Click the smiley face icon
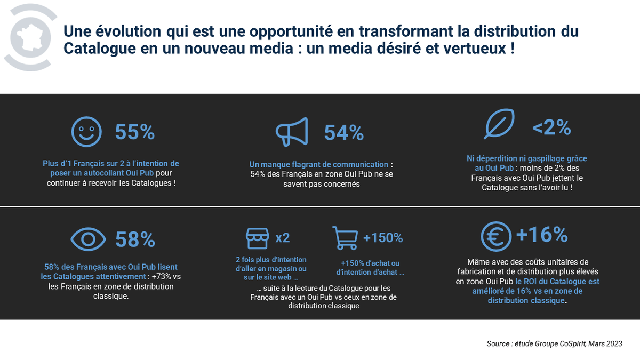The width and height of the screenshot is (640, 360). [x=87, y=131]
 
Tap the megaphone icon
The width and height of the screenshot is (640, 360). [x=292, y=131]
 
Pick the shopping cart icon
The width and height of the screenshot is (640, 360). [x=345, y=237]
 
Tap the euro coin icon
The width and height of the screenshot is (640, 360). [x=496, y=236]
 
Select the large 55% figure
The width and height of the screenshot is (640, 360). [x=135, y=132]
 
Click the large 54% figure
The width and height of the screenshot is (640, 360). [x=344, y=132]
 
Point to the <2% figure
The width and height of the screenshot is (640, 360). [x=551, y=127]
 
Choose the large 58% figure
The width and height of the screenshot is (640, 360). [x=135, y=239]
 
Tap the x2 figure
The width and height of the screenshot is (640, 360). [x=283, y=238]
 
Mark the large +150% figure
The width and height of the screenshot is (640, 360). [x=383, y=238]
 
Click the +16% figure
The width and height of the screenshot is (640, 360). [x=542, y=235]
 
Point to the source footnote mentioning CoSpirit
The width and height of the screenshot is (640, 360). [x=554, y=343]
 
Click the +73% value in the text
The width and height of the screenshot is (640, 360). [x=161, y=277]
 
